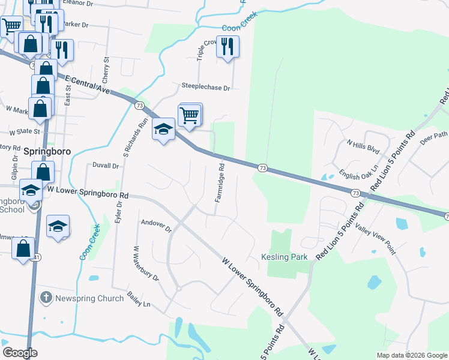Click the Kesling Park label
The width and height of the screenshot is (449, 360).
click(x=285, y=257)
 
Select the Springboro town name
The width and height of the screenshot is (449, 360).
click(x=47, y=152)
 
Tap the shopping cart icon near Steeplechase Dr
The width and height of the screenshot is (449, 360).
click(x=190, y=114)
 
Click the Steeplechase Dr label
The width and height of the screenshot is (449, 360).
click(x=206, y=87)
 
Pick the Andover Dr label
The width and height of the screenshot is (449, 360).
click(x=156, y=226)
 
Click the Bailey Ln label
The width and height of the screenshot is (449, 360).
click(x=139, y=300)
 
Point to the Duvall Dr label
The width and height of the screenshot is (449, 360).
click(x=106, y=165)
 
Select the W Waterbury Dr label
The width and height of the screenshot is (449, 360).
click(x=146, y=263)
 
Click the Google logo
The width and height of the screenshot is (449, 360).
click(x=20, y=353)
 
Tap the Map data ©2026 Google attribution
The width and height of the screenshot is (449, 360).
click(x=412, y=355)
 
